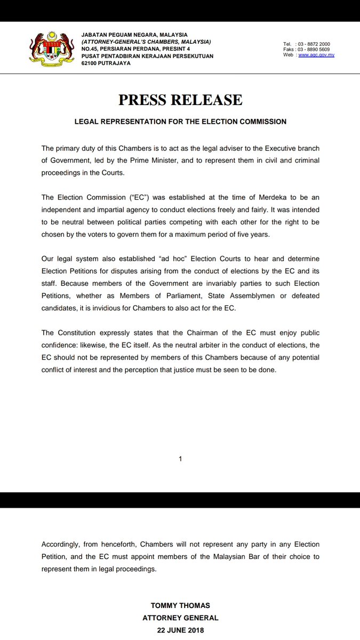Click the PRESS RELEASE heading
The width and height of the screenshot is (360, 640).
180,100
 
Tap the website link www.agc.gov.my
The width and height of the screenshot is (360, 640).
316,55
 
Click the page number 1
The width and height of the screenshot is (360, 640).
180,459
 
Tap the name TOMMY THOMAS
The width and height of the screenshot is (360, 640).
180,606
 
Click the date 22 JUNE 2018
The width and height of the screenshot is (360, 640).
180,629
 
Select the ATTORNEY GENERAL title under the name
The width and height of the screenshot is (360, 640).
180,618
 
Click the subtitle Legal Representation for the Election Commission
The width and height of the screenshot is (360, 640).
180,122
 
